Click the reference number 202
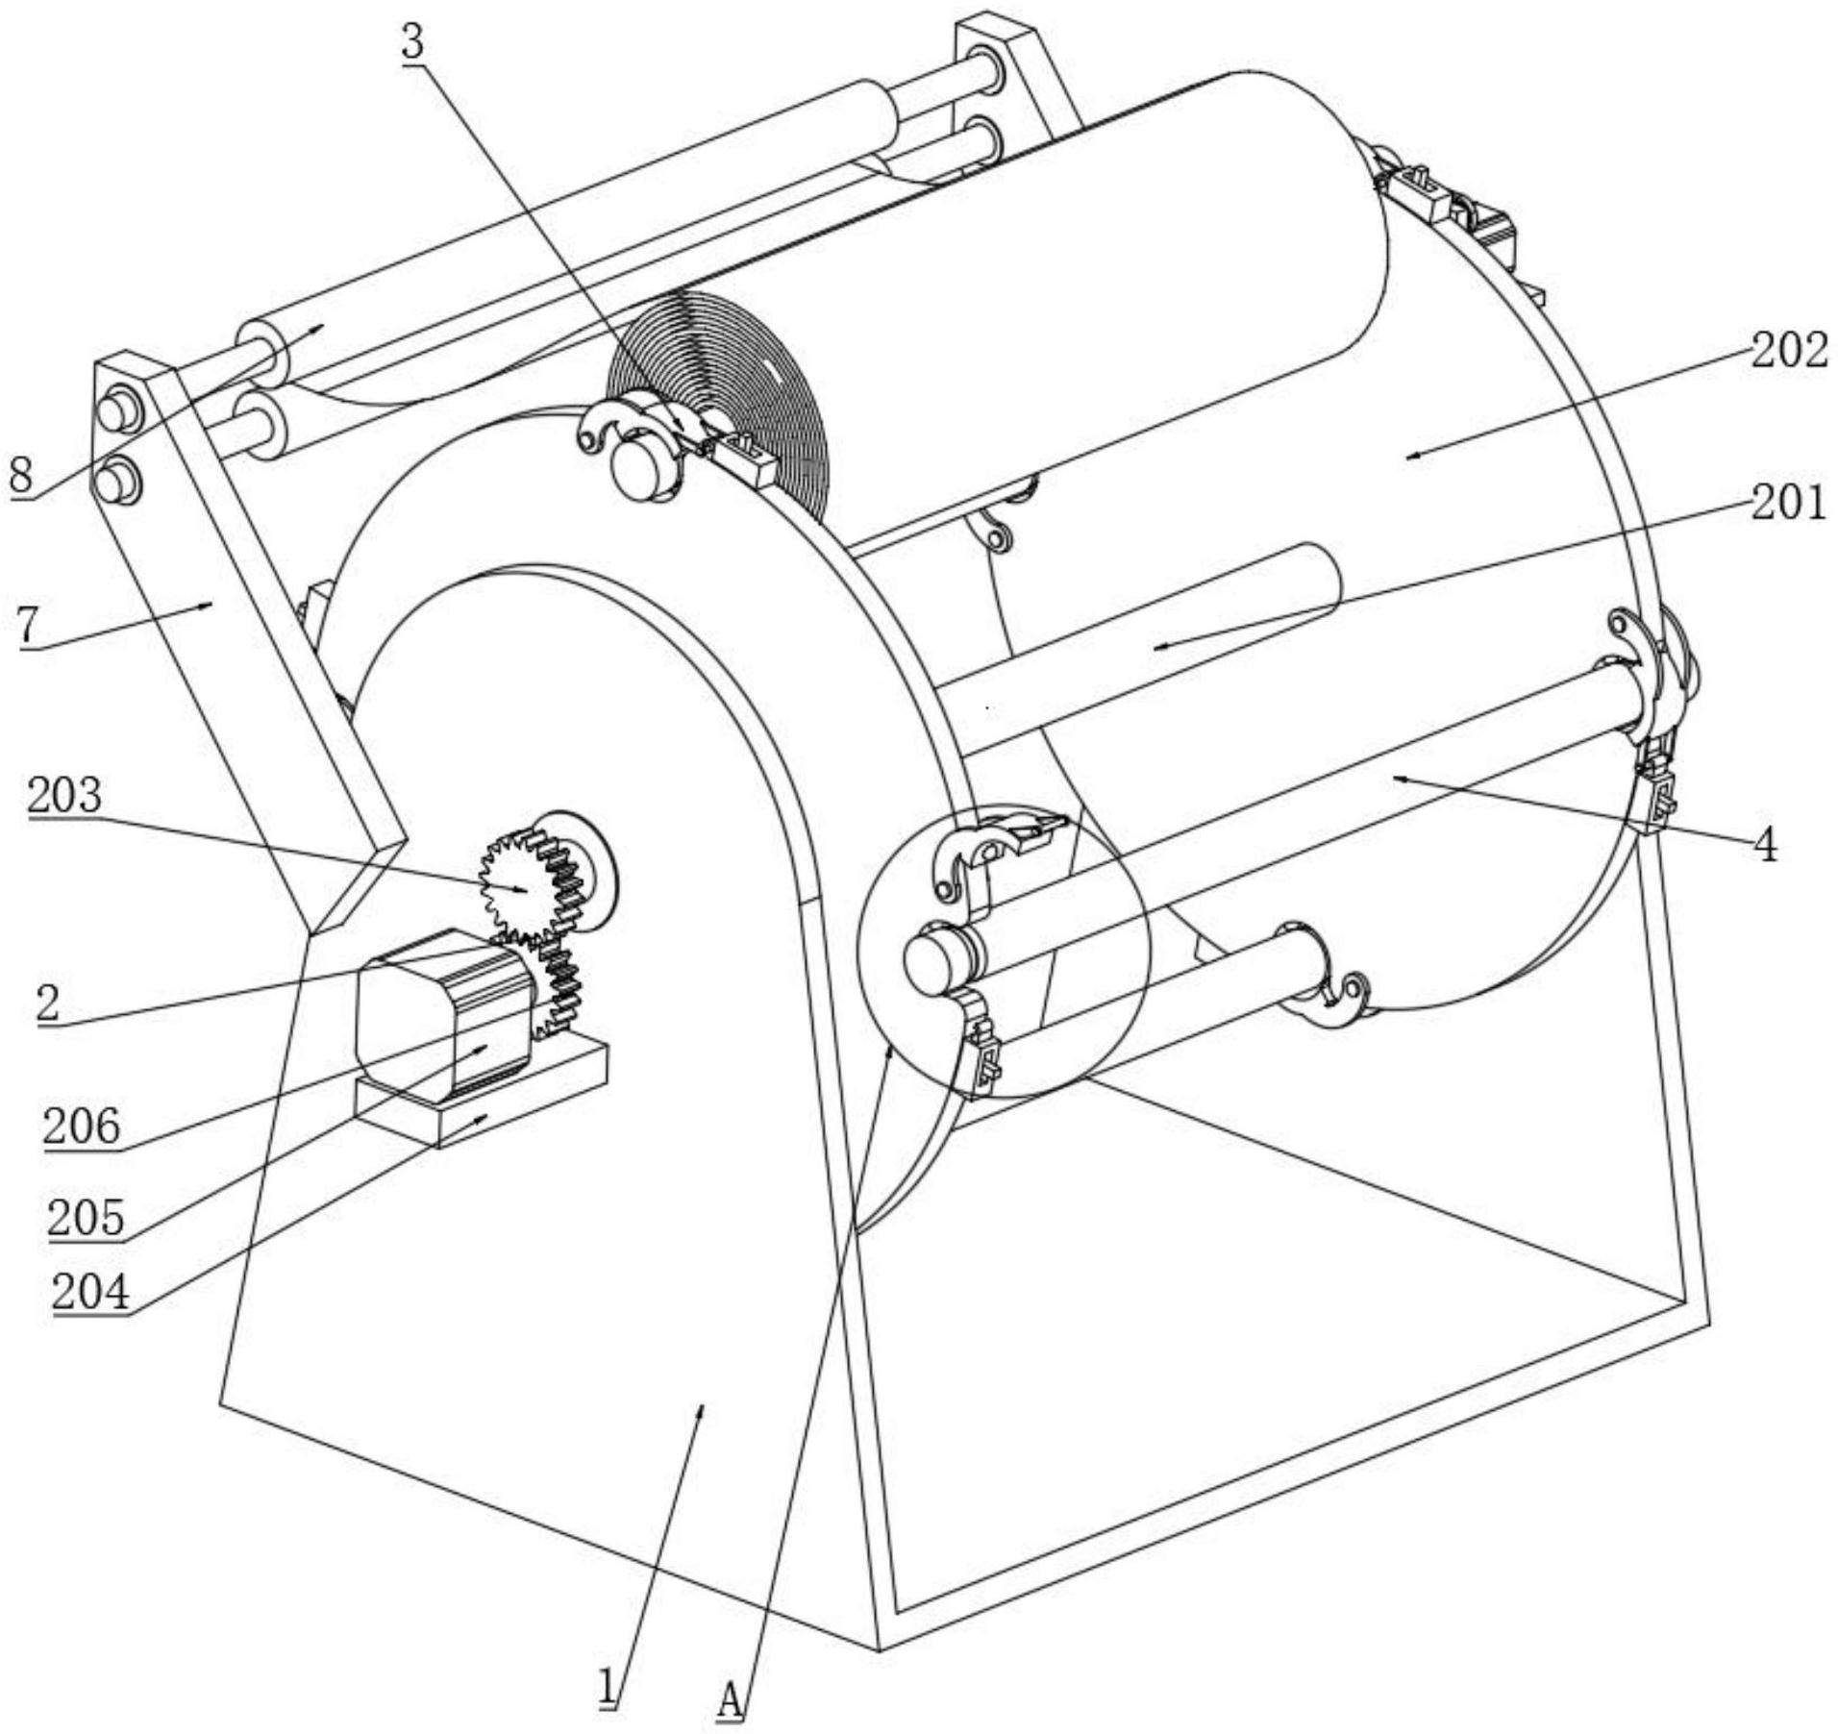1788,351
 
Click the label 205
87,1218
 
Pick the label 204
90,1292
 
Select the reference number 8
22,476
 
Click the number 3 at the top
413,42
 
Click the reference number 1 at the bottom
608,1687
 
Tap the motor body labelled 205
444,1015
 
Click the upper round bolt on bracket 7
117,412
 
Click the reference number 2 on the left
48,1004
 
